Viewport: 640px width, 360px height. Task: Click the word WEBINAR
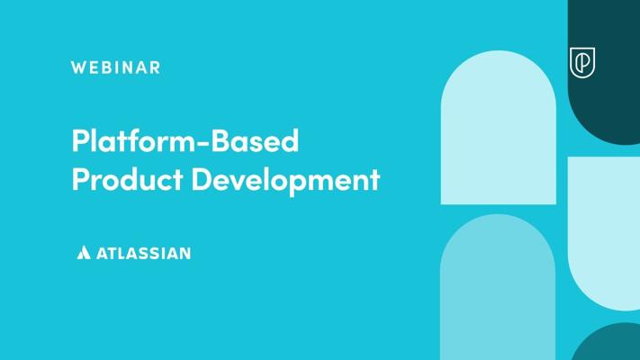click(x=115, y=67)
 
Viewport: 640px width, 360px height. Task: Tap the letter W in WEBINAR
click(x=78, y=67)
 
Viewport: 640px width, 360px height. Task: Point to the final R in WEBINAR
click(x=155, y=67)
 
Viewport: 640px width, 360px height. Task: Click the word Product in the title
click(x=127, y=180)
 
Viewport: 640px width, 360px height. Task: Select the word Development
click(x=285, y=180)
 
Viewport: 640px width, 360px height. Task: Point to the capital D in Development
click(x=203, y=180)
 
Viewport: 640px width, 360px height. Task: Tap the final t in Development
click(x=375, y=181)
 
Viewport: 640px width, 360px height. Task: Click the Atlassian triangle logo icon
click(x=84, y=253)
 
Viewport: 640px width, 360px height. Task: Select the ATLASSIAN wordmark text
click(x=144, y=254)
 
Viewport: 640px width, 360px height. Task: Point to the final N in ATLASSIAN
click(x=185, y=254)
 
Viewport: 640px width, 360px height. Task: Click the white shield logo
click(x=582, y=62)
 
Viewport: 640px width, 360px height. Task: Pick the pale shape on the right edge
click(x=604, y=233)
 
